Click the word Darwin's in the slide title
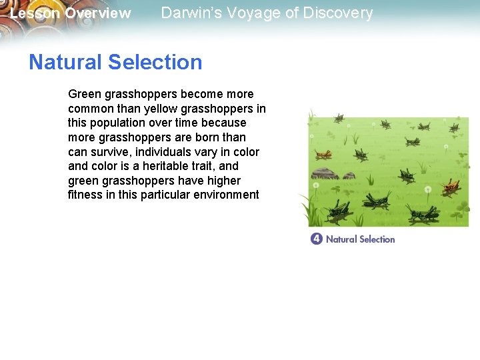click(187, 13)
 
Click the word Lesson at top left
click(35, 13)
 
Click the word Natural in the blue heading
click(65, 62)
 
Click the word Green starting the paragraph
click(83, 94)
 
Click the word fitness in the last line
click(84, 195)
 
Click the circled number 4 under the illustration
click(317, 239)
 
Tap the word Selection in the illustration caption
click(377, 239)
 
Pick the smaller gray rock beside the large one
click(349, 175)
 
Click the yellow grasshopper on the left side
click(323, 155)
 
